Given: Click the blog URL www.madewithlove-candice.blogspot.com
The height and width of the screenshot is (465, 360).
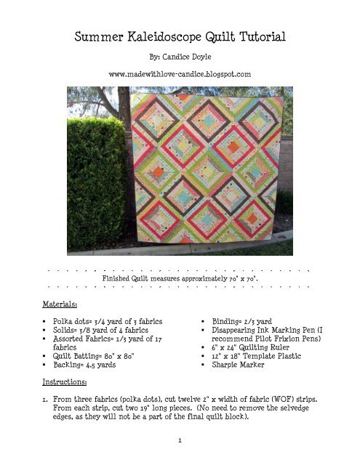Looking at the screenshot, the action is pyautogui.click(x=180, y=74).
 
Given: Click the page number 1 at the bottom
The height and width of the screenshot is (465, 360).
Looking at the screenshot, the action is pyautogui.click(x=180, y=440).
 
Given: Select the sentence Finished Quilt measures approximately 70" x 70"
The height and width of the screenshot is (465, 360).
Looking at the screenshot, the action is pyautogui.click(x=180, y=278).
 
